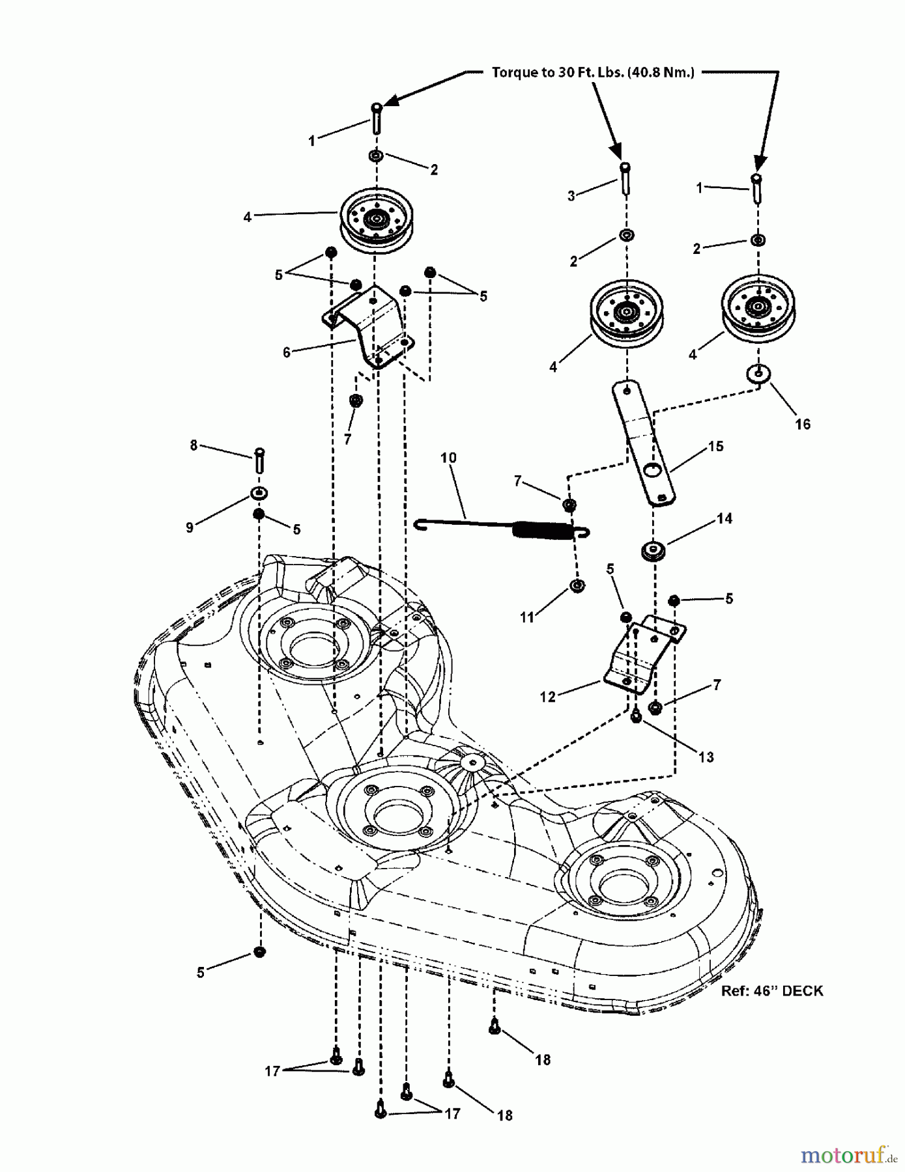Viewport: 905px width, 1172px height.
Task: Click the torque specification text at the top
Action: point(592,72)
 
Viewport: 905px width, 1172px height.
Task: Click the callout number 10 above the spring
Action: point(448,458)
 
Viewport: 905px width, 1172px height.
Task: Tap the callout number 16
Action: point(803,424)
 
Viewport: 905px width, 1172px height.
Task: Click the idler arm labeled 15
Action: point(642,443)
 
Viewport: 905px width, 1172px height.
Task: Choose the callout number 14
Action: point(725,518)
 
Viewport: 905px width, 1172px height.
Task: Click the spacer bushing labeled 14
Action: point(652,550)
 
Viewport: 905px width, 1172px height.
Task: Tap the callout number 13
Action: point(706,757)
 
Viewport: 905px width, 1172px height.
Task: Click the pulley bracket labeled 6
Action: point(369,326)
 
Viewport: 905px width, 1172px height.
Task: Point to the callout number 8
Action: point(194,445)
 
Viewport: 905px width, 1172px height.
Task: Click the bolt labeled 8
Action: point(259,460)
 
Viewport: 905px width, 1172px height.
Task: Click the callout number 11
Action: point(527,617)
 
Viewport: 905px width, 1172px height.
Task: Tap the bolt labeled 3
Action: point(625,177)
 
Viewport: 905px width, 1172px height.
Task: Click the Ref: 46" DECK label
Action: point(772,990)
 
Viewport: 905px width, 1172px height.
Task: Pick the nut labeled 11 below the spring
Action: point(577,586)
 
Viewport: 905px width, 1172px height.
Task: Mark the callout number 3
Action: point(571,195)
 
